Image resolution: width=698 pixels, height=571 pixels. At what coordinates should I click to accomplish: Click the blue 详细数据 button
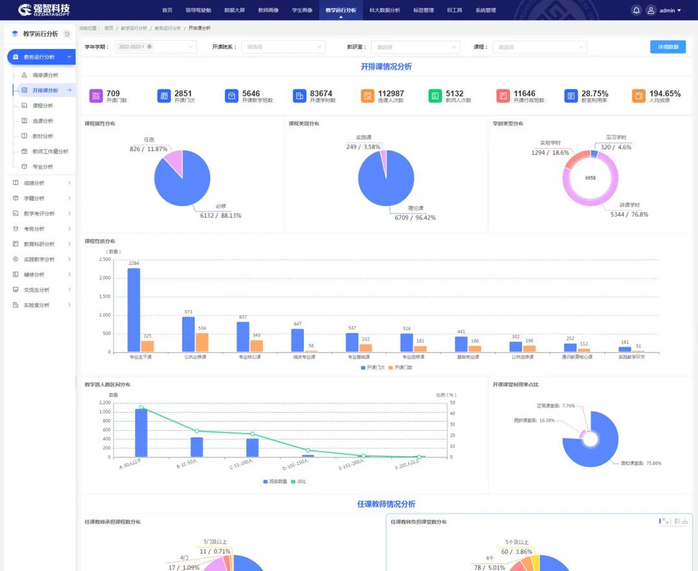(x=668, y=47)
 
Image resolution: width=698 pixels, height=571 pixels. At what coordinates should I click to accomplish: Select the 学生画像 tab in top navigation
(x=302, y=10)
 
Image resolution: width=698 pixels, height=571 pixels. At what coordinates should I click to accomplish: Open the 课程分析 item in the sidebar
(x=43, y=105)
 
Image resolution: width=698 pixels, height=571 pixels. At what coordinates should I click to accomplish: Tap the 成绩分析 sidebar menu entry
(x=34, y=183)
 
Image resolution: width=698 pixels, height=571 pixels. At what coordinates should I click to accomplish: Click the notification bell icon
(x=636, y=10)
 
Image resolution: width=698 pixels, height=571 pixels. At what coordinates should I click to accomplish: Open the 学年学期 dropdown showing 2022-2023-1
(x=154, y=47)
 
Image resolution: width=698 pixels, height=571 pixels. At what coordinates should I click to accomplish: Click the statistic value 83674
(x=321, y=94)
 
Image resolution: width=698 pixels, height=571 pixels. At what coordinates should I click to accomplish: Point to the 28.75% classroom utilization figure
(x=595, y=94)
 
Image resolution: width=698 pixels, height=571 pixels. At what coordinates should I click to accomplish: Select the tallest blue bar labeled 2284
(x=134, y=310)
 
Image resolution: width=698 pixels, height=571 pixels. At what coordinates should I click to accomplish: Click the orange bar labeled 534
(x=202, y=342)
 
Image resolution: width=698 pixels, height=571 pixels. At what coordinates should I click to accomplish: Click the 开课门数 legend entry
(x=400, y=368)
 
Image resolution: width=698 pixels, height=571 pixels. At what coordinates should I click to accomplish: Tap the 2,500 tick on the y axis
(x=104, y=259)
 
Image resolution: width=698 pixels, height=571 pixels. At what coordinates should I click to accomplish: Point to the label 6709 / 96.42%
(x=415, y=218)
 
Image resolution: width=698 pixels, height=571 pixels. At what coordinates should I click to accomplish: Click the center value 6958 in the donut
(x=590, y=178)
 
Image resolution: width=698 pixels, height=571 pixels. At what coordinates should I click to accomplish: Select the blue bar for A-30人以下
(x=141, y=433)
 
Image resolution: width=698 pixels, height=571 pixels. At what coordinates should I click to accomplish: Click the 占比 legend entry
(x=299, y=481)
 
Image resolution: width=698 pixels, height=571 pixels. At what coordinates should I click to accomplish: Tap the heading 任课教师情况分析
(x=386, y=504)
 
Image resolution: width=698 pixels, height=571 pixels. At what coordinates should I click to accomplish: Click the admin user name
(x=667, y=10)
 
